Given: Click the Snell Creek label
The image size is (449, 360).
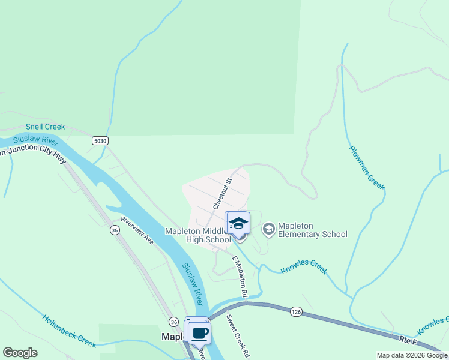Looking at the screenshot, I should coord(45,127).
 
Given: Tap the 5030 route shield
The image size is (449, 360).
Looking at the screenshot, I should coord(100,140).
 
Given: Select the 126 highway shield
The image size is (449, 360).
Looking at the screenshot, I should coord(296,312).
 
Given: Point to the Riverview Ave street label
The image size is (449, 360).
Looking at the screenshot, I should coord(137,230).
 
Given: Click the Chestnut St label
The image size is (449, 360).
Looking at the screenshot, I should coord(221,193).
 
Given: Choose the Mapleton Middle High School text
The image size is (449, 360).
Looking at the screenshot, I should coord(198,235).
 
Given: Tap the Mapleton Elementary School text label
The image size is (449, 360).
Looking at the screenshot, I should coord(313,230).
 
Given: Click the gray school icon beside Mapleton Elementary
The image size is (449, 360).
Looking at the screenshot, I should coord(268,229).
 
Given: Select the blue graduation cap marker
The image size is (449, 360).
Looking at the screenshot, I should coord(238,223).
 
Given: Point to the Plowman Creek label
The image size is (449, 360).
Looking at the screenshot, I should coord(367,167).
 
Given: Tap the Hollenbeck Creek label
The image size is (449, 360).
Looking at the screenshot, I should coord(69,331).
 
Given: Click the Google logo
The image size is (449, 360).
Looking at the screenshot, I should coord(20,353).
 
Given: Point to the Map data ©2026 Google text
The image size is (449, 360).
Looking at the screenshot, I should coord(411,355).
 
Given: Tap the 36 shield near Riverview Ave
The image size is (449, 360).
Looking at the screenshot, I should coord(115,229).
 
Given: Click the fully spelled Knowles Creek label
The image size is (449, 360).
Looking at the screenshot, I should coord(304,266).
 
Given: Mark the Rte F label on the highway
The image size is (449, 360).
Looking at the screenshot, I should coord(411,340).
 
